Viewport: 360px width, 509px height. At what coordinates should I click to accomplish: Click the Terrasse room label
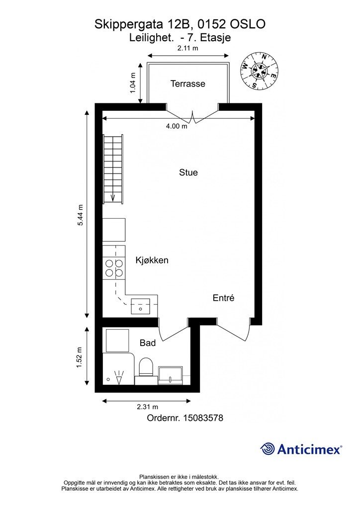(188, 84)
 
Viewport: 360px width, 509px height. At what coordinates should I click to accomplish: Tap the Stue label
(188, 172)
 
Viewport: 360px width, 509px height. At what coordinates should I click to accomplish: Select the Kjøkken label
(152, 260)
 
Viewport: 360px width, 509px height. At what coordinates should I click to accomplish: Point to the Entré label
(223, 298)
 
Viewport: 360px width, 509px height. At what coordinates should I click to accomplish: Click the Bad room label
(148, 343)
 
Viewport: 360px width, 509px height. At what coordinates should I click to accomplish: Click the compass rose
(259, 71)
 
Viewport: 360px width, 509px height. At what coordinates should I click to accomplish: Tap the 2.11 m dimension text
(187, 48)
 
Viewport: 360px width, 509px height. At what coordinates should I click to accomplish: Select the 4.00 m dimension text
(177, 126)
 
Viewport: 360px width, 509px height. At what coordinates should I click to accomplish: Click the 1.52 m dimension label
(79, 357)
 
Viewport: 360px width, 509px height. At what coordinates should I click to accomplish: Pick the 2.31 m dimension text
(147, 407)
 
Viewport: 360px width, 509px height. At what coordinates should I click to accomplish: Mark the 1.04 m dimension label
(133, 83)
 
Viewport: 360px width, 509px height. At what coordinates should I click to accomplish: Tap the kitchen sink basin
(141, 306)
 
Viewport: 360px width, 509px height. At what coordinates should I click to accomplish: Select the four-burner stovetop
(114, 268)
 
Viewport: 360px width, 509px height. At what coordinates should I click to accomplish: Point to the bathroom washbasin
(171, 376)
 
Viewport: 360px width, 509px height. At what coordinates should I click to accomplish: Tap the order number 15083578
(203, 418)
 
